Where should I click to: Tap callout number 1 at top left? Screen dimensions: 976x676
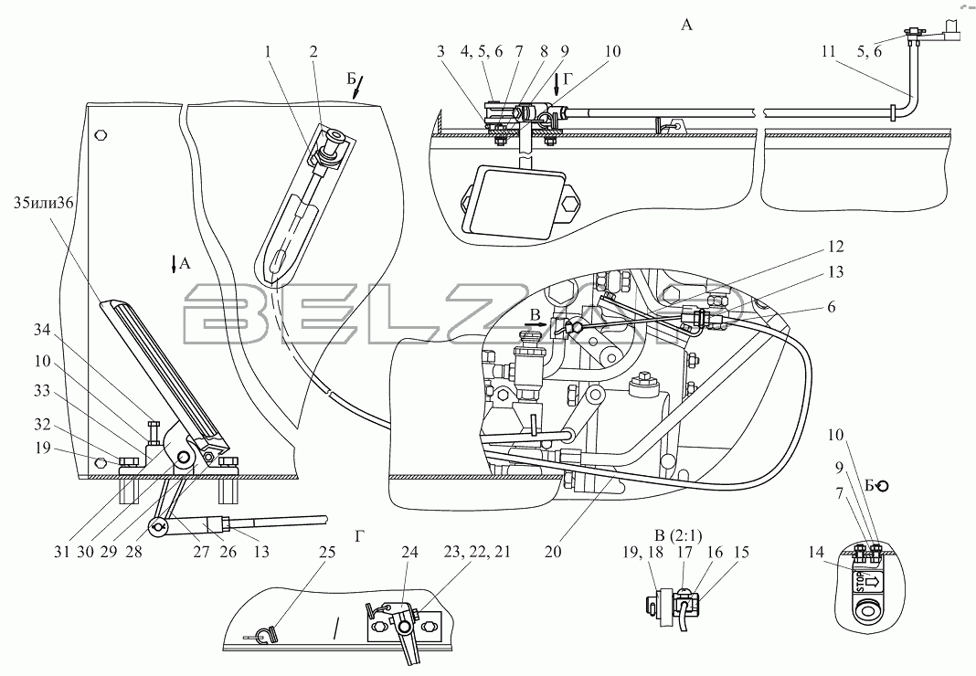point(268,51)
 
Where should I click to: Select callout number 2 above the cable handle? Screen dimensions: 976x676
point(313,51)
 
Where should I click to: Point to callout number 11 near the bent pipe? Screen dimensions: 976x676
point(828,51)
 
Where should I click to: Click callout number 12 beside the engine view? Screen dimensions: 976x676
point(836,248)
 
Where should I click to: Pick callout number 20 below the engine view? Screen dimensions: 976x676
point(554,552)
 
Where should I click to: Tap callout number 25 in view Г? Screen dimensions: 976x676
point(327,552)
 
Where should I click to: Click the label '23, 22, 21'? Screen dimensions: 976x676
point(477,552)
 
